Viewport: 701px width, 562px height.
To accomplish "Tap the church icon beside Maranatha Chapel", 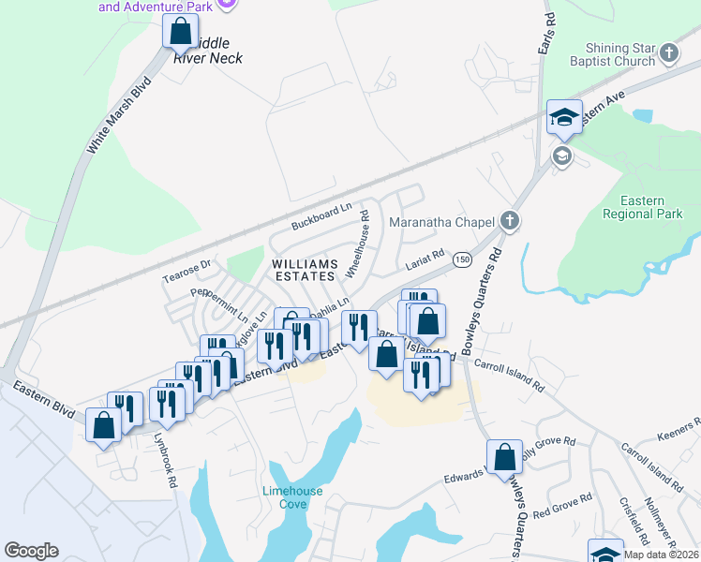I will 509,222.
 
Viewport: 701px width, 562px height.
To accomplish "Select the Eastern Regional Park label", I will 642,207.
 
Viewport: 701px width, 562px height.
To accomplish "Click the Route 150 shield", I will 462,259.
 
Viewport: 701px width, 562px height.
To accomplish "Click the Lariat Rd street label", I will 424,265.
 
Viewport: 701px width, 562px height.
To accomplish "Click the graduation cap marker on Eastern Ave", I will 564,117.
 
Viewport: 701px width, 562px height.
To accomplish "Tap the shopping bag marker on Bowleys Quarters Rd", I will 504,457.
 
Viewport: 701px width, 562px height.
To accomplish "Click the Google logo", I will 32,551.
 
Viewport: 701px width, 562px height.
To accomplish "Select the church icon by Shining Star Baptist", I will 668,53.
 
